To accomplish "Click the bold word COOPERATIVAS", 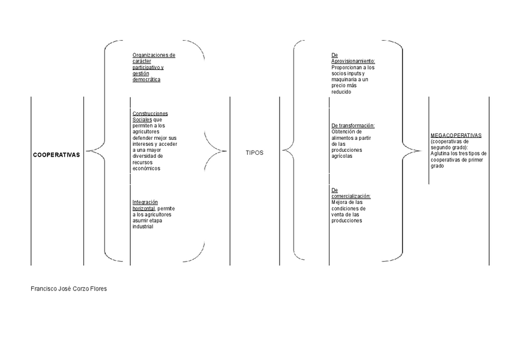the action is point(56,154).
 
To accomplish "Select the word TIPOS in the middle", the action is point(254,153).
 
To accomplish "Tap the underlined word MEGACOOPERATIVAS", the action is point(456,136).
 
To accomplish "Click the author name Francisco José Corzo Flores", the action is point(69,289).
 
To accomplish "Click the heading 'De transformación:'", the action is point(353,125).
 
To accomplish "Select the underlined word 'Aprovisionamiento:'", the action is point(353,61).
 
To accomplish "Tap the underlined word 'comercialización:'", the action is point(351,196).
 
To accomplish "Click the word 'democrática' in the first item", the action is point(146,79).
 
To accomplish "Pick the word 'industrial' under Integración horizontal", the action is point(143,226).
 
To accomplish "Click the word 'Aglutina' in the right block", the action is point(441,154).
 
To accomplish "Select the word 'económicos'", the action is point(146,169).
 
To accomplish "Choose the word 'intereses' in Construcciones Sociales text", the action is point(144,144).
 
